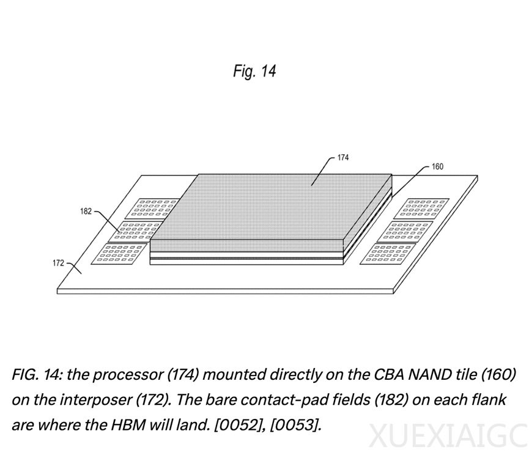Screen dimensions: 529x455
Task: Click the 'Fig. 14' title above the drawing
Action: (255, 71)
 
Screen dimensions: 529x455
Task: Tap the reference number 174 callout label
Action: (343, 158)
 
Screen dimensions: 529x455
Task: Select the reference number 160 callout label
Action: (438, 166)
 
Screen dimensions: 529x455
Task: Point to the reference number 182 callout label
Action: (86, 212)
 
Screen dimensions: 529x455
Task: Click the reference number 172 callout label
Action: (58, 263)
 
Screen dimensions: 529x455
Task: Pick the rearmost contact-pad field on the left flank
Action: (152, 209)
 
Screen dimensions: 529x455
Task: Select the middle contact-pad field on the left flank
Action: (139, 231)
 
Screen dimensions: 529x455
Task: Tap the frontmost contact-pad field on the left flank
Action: (119, 254)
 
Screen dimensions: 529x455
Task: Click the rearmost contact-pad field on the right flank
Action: (421, 209)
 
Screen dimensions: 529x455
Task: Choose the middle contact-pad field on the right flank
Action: (404, 231)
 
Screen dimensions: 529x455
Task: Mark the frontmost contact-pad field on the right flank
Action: (388, 254)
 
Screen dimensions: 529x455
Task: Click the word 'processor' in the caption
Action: (128, 375)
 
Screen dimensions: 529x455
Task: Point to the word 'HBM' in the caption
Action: (128, 424)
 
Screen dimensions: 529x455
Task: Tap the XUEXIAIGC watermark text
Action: (449, 437)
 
